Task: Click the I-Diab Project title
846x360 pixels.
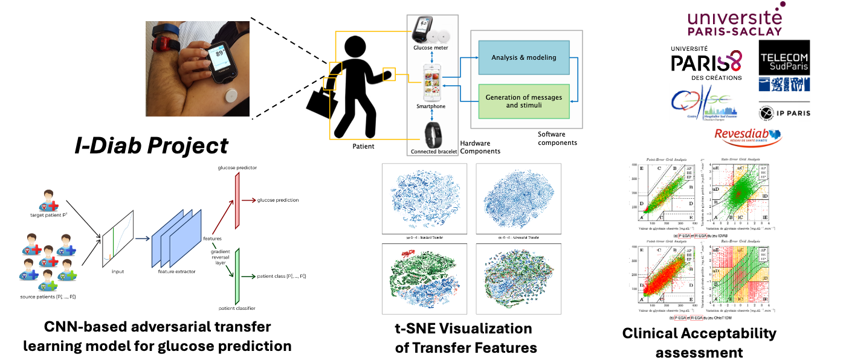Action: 151,146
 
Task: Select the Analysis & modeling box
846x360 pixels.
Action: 524,58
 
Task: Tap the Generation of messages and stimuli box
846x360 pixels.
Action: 524,101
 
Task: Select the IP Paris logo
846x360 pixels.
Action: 784,112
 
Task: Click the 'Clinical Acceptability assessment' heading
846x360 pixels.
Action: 699,342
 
